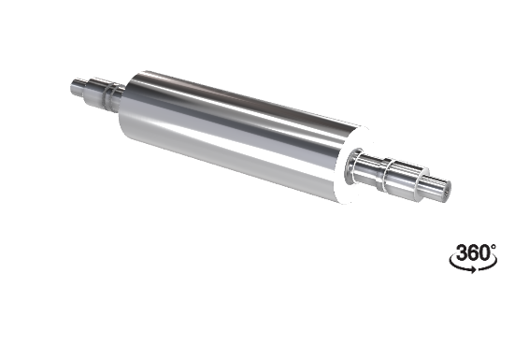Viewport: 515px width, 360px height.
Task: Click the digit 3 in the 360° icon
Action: (x=463, y=252)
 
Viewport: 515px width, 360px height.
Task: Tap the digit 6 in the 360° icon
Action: (x=474, y=252)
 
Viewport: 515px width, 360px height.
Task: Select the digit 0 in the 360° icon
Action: (x=484, y=252)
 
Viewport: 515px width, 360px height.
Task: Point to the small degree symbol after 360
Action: (x=494, y=246)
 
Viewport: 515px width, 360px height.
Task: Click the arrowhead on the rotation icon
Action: (x=472, y=270)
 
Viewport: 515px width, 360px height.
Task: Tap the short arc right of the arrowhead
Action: (x=489, y=266)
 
